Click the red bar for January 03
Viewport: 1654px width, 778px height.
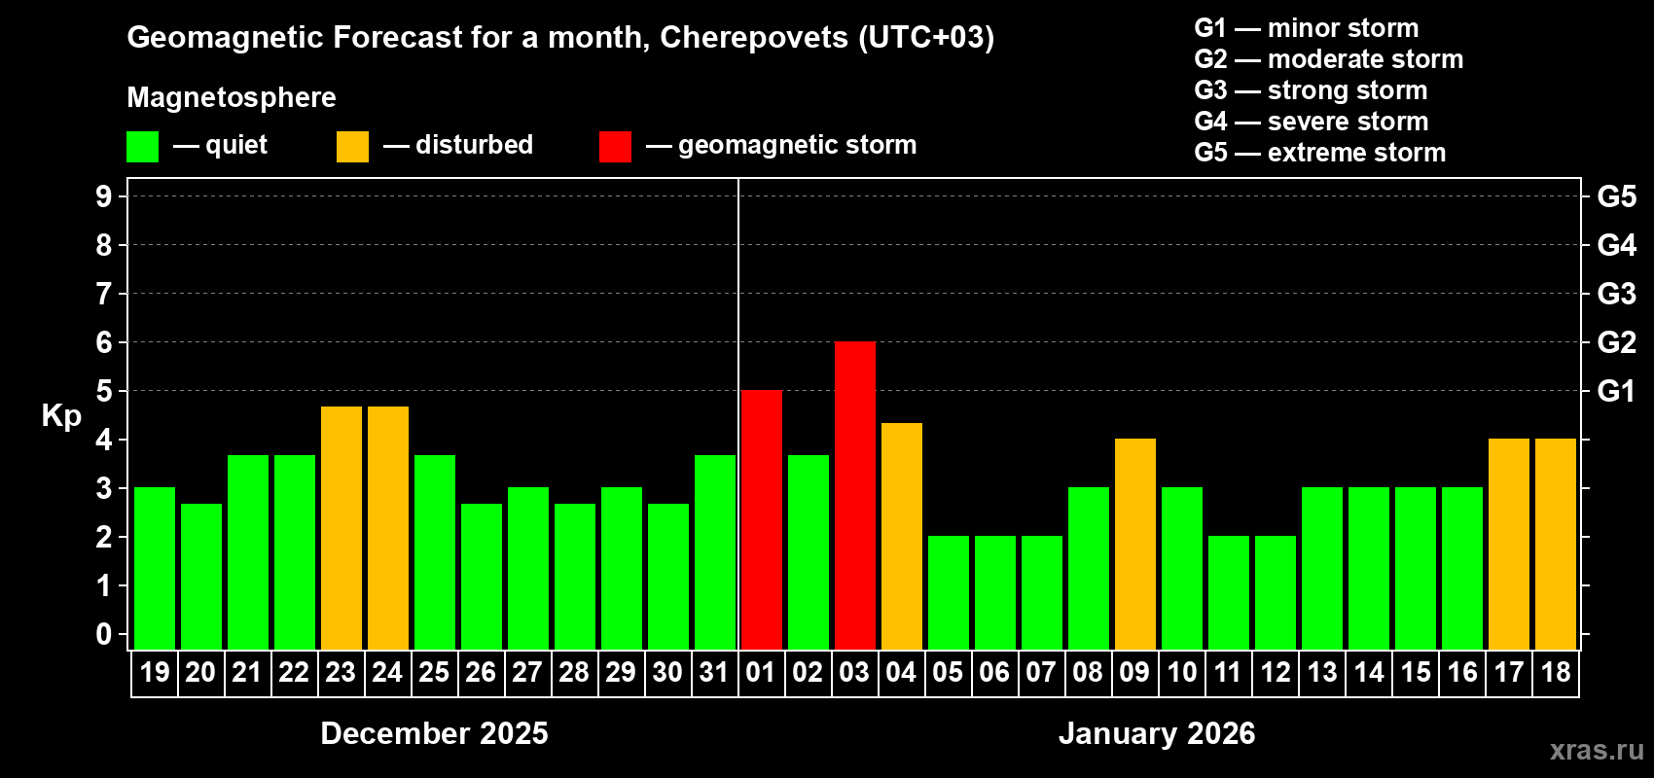coord(854,495)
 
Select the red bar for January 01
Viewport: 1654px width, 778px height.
coord(761,519)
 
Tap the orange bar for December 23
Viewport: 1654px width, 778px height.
coord(341,527)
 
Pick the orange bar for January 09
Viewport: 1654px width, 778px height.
coord(1134,544)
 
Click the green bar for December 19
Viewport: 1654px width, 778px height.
coord(154,568)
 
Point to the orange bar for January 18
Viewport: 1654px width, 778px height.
coord(1555,544)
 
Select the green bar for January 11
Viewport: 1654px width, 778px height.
coord(1228,592)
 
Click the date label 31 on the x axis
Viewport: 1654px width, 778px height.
coord(714,672)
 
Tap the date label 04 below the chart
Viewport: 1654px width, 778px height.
coord(901,672)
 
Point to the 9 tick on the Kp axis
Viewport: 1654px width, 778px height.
coord(104,196)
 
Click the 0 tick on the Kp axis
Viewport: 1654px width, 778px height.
coord(104,634)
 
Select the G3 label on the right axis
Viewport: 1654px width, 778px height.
coord(1616,294)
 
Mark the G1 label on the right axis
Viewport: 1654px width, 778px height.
coord(1616,391)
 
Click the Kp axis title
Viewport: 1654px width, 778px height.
coord(61,415)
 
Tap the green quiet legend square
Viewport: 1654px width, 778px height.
coord(142,147)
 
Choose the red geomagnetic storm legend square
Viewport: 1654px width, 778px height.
coord(615,147)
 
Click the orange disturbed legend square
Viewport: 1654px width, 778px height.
coord(352,147)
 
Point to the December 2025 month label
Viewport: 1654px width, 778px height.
coord(434,733)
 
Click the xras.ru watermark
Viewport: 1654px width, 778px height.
coord(1597,750)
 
